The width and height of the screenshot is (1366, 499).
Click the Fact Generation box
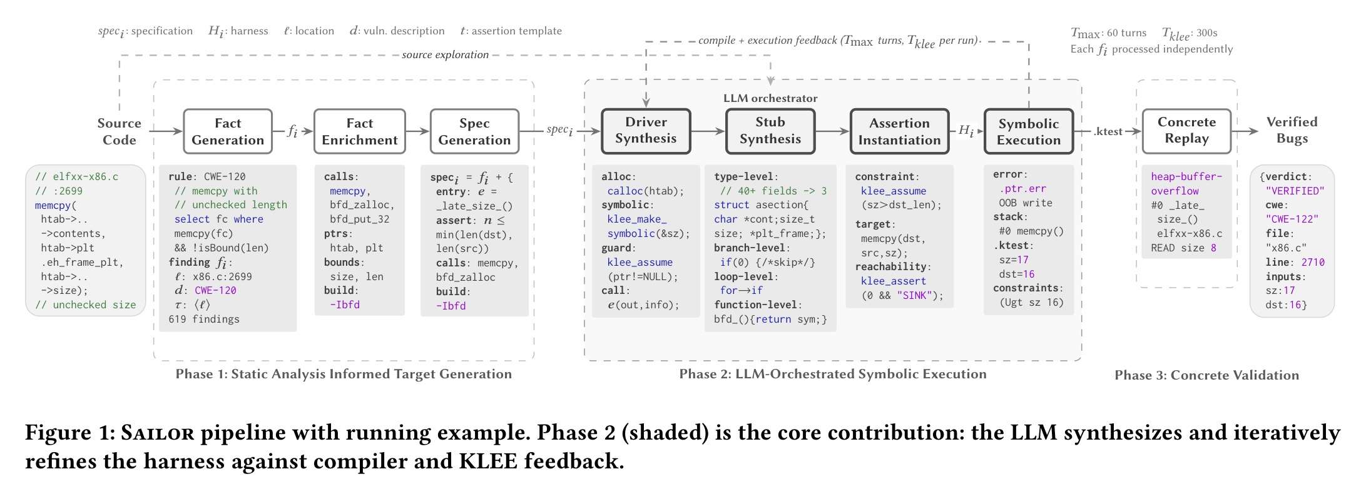tap(228, 131)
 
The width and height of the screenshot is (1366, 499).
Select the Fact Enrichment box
tap(359, 131)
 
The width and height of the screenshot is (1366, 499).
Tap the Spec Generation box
tap(474, 131)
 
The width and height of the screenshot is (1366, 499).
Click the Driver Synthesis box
tap(646, 131)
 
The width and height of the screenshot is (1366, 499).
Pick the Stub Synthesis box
tap(770, 131)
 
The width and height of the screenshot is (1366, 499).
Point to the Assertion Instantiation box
tap(899, 131)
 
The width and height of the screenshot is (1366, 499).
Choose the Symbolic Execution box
tap(1028, 131)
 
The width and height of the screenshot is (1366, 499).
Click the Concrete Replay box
tap(1186, 131)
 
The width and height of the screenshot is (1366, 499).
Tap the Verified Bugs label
tap(1292, 130)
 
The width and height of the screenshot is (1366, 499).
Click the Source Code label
tap(119, 131)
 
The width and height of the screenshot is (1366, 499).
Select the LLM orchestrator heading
tap(770, 98)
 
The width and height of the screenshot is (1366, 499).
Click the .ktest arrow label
tap(1108, 131)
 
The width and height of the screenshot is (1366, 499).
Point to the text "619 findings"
tap(204, 319)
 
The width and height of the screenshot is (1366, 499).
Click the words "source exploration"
tap(445, 55)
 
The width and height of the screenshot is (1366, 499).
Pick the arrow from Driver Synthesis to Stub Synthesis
tap(708, 131)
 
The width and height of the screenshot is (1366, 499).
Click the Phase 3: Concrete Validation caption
tap(1206, 375)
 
